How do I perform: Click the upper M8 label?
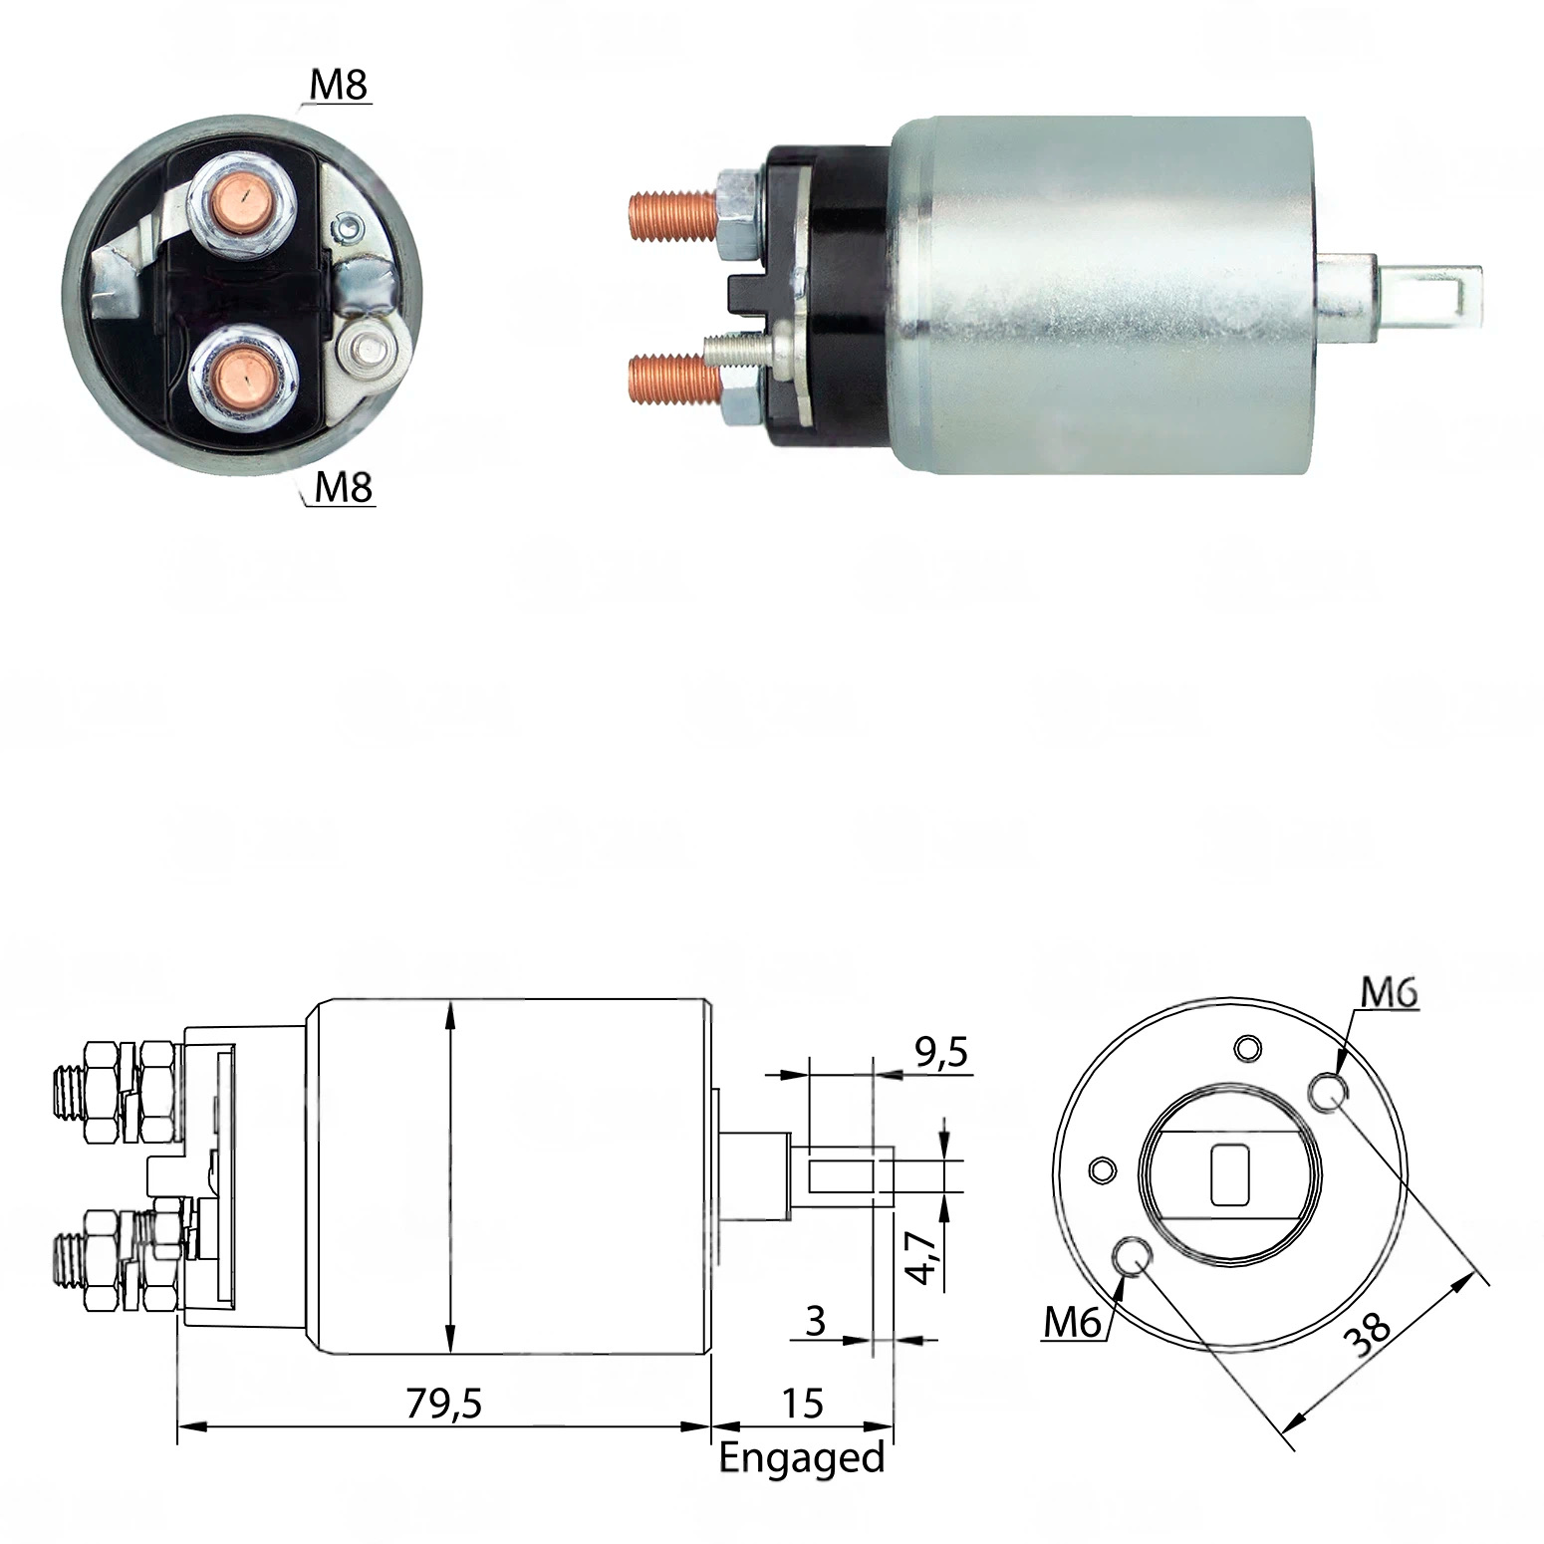(340, 87)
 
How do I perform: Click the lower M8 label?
(344, 487)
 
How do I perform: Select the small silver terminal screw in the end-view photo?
(371, 351)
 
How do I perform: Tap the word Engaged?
(802, 1457)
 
